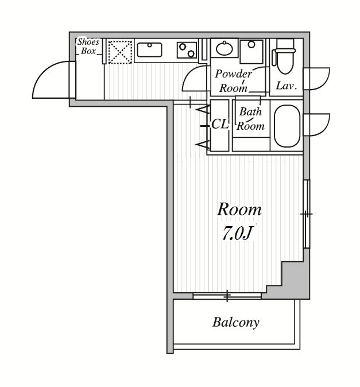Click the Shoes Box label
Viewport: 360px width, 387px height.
click(x=88, y=46)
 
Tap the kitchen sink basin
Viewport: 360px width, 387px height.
click(x=149, y=49)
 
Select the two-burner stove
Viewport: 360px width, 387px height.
click(x=187, y=50)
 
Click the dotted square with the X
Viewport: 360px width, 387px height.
click(x=120, y=52)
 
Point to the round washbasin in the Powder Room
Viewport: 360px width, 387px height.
click(x=224, y=48)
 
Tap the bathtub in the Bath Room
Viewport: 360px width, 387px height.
click(x=287, y=126)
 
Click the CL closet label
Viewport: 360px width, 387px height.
click(x=220, y=124)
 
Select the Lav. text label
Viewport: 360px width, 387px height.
click(x=286, y=86)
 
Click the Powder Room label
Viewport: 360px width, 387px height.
click(x=233, y=81)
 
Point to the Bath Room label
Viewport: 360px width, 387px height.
click(x=250, y=119)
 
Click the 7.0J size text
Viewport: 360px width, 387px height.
click(x=238, y=233)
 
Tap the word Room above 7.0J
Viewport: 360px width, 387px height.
click(x=239, y=210)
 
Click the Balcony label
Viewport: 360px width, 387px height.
click(x=235, y=322)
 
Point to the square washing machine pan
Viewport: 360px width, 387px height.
click(x=251, y=52)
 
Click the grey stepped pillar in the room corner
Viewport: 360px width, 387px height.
click(x=295, y=281)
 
